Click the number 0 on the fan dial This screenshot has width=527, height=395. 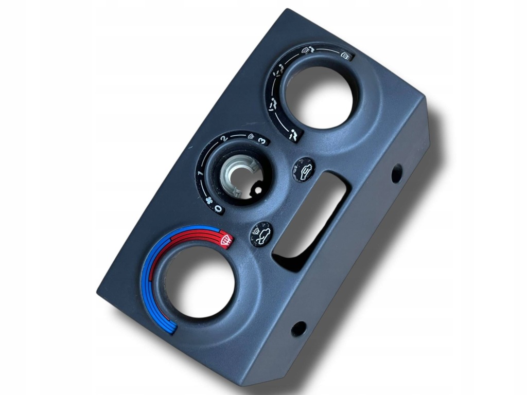[218, 209]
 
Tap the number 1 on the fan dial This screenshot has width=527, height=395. [201, 173]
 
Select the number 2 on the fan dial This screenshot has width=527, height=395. [224, 138]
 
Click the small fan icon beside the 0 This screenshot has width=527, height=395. [209, 201]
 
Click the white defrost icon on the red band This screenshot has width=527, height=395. [226, 240]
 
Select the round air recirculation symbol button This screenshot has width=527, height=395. [304, 169]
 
